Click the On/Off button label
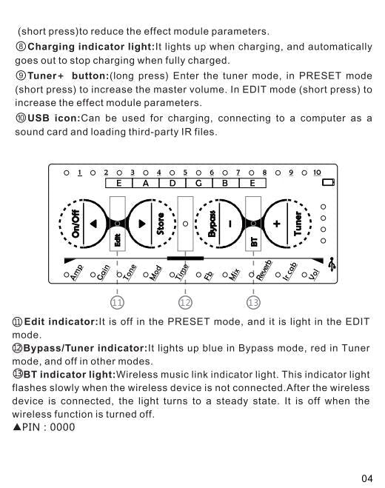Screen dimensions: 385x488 click(76, 224)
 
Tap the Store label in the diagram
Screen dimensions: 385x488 click(160, 224)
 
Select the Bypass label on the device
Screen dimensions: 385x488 click(212, 224)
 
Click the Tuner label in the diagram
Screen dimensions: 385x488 click(298, 224)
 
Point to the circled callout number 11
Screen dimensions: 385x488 click(117, 303)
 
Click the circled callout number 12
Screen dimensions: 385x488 click(185, 303)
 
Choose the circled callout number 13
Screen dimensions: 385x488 click(253, 303)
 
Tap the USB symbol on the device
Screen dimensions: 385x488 click(332, 264)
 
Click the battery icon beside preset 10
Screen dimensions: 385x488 click(328, 182)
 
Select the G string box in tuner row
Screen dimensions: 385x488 click(199, 183)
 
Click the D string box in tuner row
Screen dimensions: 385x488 click(173, 183)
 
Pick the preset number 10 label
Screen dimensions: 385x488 click(317, 173)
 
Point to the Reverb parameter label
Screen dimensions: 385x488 click(264, 270)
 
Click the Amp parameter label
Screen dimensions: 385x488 click(76, 273)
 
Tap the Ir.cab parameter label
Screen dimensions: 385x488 click(289, 271)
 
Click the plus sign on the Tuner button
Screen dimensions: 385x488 click(277, 224)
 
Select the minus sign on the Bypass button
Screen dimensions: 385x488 click(230, 224)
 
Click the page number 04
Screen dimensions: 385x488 click(367, 478)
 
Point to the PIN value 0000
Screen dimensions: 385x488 click(62, 427)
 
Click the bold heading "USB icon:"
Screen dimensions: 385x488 click(54, 118)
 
